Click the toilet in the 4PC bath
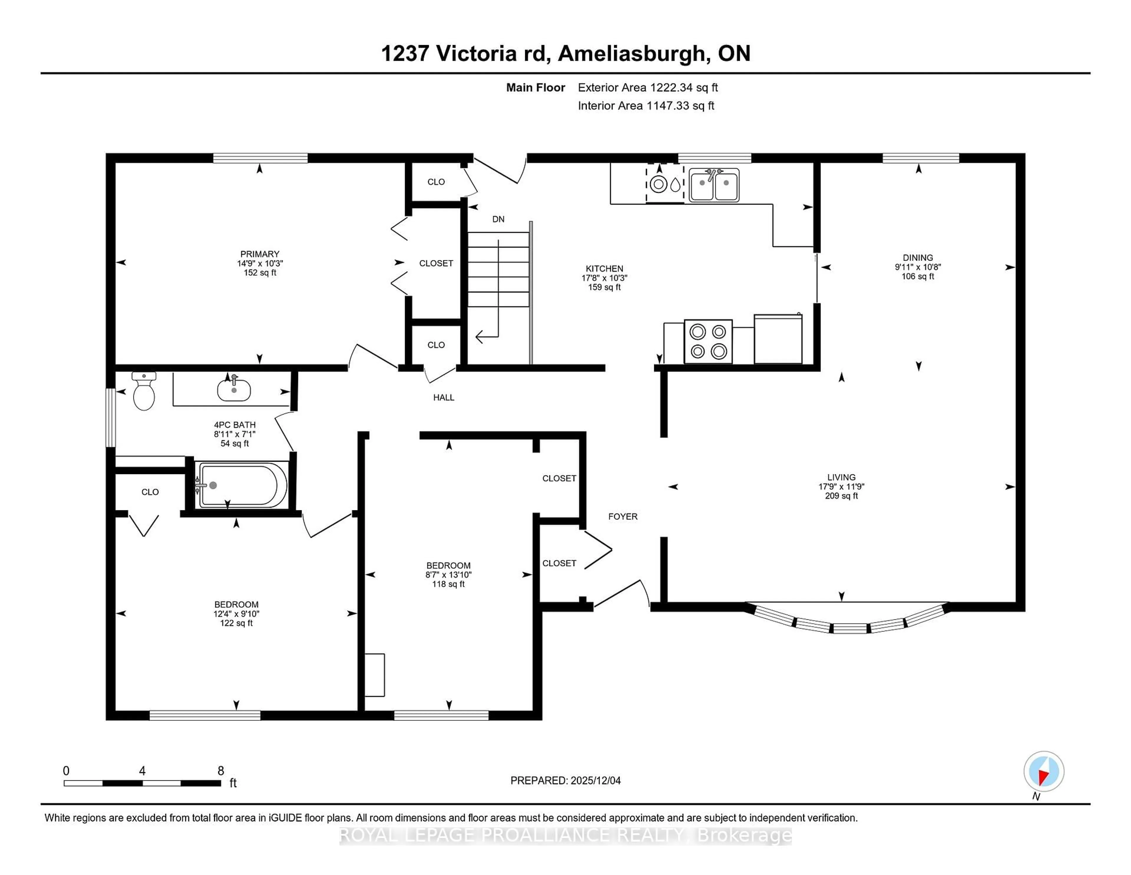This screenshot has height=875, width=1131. tap(144, 392)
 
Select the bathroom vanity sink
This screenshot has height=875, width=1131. tap(234, 389)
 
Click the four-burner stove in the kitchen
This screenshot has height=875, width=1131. tap(708, 341)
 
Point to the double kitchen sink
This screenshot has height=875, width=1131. tap(714, 184)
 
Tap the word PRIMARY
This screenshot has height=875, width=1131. tap(259, 254)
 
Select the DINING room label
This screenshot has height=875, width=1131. tap(918, 258)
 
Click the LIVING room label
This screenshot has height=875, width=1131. tap(841, 477)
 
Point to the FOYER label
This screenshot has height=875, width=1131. tap(622, 516)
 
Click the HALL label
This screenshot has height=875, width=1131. tap(443, 398)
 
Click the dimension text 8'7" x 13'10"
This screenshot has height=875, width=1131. tap(449, 575)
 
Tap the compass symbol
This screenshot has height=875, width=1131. tap(1044, 771)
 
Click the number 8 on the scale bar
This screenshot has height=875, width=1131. tap(221, 771)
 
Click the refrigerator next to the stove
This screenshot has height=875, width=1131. tap(778, 340)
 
